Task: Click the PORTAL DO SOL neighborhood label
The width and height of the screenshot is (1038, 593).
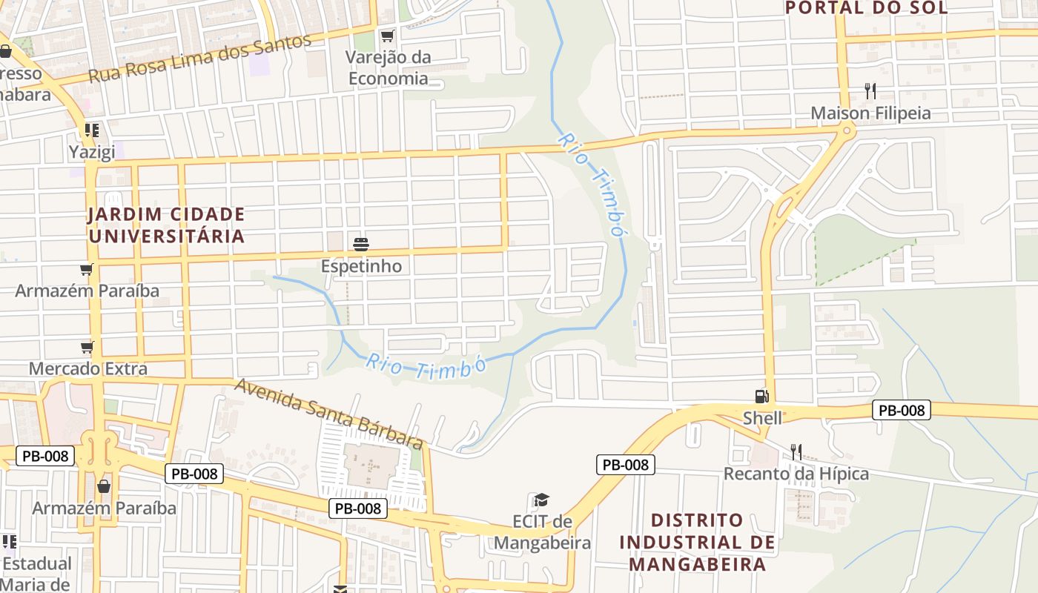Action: tap(866, 8)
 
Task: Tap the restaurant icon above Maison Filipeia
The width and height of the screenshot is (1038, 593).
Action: tap(870, 91)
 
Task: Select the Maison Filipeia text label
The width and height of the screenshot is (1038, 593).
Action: tap(870, 113)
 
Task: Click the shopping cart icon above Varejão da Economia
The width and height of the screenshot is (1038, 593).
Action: tap(387, 36)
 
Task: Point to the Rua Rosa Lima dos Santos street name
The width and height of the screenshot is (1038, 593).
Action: tap(199, 58)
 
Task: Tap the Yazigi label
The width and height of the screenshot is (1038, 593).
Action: tap(92, 152)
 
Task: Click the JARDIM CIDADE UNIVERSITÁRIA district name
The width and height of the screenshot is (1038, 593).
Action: tap(166, 225)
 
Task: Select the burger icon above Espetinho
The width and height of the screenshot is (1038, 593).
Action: tap(361, 244)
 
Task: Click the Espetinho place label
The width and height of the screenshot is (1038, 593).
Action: tap(361, 266)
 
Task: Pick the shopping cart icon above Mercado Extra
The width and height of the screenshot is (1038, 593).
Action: tap(87, 347)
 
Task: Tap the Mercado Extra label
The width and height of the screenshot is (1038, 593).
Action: tap(88, 368)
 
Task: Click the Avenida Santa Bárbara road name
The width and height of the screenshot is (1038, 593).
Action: tap(329, 414)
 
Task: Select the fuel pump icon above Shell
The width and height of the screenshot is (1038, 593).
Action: tap(761, 397)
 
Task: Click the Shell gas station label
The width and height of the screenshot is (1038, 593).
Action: tap(762, 418)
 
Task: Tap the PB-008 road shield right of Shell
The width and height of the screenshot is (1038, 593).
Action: tap(901, 410)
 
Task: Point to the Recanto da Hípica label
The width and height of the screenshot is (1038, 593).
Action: tap(796, 474)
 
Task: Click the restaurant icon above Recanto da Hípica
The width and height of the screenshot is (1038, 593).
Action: tap(796, 451)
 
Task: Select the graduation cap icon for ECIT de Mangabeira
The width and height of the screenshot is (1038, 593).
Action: tap(542, 500)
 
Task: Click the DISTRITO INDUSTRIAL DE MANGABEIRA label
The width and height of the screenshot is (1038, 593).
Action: tap(697, 542)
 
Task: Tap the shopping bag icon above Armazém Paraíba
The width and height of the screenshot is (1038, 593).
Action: tap(104, 486)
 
